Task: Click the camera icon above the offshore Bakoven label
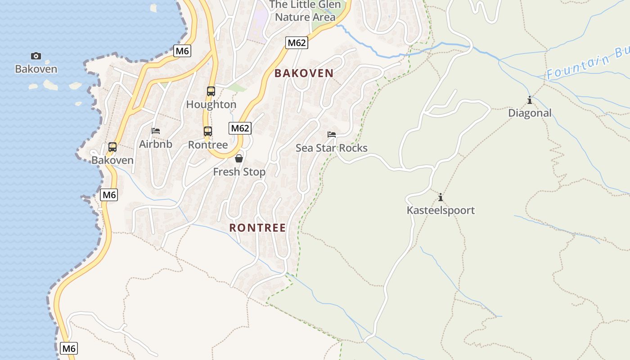click(36, 56)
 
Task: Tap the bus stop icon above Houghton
click(211, 91)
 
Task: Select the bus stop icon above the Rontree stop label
click(207, 131)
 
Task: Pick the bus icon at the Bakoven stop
click(112, 147)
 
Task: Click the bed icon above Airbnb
click(156, 131)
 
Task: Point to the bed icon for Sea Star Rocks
click(332, 135)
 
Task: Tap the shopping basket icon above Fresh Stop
click(239, 158)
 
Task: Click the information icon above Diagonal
click(530, 100)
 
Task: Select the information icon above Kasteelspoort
click(441, 197)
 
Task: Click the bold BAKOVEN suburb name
click(304, 73)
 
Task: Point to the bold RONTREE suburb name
click(257, 228)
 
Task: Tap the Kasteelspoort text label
click(441, 210)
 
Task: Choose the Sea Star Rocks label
click(332, 148)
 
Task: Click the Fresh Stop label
click(239, 172)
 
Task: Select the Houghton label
click(211, 104)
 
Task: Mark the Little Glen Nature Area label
click(305, 11)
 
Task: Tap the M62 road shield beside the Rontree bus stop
click(240, 128)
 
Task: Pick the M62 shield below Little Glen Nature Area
click(297, 43)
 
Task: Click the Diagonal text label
click(530, 113)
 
